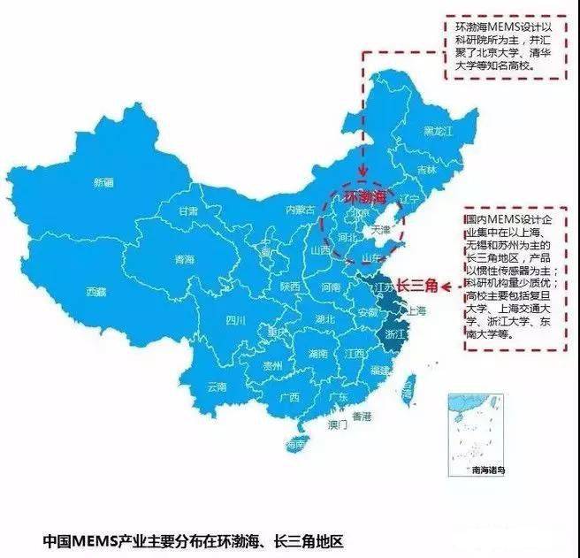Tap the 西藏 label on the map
click(95, 291)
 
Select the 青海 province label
click(184, 259)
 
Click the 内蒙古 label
click(300, 210)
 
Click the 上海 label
click(415, 311)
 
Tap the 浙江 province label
click(395, 335)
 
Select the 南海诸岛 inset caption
click(489, 469)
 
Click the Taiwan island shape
click(408, 386)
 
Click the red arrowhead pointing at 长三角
click(446, 287)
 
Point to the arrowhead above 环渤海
click(363, 178)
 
